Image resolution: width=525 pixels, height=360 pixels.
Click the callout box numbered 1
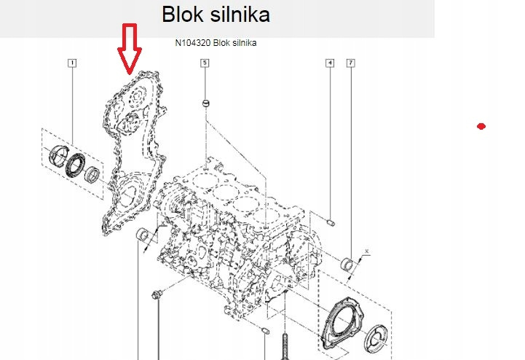point(72,63)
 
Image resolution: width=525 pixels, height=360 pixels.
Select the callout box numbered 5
point(205,63)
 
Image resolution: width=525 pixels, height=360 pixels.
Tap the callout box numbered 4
point(330,63)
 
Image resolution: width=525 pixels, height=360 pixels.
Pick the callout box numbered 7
point(351,63)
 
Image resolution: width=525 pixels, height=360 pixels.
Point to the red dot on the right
point(481,127)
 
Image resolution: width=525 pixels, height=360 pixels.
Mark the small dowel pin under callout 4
point(331,221)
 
